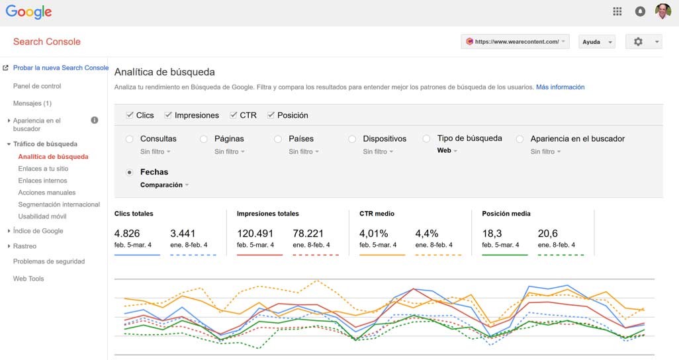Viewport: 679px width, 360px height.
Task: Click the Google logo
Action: tap(28, 12)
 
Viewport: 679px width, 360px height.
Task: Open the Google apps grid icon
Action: tap(617, 11)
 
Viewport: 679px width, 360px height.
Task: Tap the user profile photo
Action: tap(662, 11)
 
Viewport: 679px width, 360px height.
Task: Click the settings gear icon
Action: tap(638, 42)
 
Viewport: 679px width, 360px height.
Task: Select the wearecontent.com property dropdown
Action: tap(515, 42)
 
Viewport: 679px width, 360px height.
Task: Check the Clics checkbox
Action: tap(130, 115)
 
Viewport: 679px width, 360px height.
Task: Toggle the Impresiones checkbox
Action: tap(168, 115)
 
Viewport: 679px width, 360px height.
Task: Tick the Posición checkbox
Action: tap(271, 115)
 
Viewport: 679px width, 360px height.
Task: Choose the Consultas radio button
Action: tap(129, 139)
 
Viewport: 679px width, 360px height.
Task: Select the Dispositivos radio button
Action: tap(352, 139)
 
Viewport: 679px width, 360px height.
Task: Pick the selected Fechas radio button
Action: tap(129, 172)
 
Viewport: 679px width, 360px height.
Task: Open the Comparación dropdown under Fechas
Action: tap(164, 185)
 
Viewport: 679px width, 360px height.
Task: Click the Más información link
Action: tap(560, 87)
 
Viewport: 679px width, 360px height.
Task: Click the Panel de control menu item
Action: tap(37, 86)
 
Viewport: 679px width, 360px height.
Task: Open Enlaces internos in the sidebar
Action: tap(42, 181)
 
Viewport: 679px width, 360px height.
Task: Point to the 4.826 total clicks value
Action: tap(127, 234)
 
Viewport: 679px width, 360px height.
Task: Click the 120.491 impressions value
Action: tap(255, 234)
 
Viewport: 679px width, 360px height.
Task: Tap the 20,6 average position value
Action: tap(549, 234)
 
